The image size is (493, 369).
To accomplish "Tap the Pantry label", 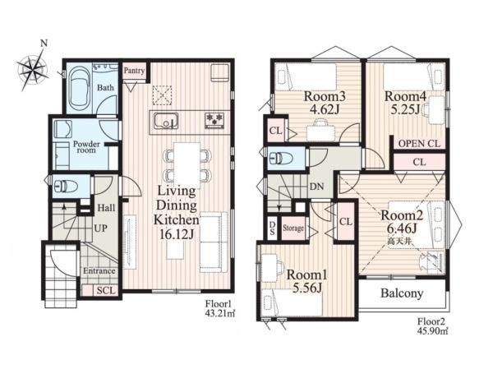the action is (x=134, y=71).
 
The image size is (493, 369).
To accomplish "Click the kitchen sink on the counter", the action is (x=166, y=121).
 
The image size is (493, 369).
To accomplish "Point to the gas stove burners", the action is (x=215, y=121).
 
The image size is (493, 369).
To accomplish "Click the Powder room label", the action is (x=86, y=147).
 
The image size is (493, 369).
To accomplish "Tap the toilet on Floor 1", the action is (x=65, y=187).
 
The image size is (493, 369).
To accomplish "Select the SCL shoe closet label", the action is (x=106, y=290).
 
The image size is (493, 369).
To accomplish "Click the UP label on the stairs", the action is (x=100, y=228).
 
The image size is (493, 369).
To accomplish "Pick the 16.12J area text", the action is (x=176, y=234).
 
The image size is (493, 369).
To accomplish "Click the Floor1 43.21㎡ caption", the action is (x=219, y=309).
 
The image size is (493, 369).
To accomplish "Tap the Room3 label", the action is (x=325, y=96).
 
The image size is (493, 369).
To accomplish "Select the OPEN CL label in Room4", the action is (x=419, y=144).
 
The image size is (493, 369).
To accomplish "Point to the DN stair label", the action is (x=316, y=187).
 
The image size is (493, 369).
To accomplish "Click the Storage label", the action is (x=293, y=228).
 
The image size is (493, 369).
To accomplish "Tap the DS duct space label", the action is (x=272, y=228).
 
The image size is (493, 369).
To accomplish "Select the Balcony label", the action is (x=402, y=293).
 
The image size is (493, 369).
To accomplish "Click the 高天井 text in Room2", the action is (x=399, y=242).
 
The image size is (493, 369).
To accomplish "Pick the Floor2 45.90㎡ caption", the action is (x=433, y=326).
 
